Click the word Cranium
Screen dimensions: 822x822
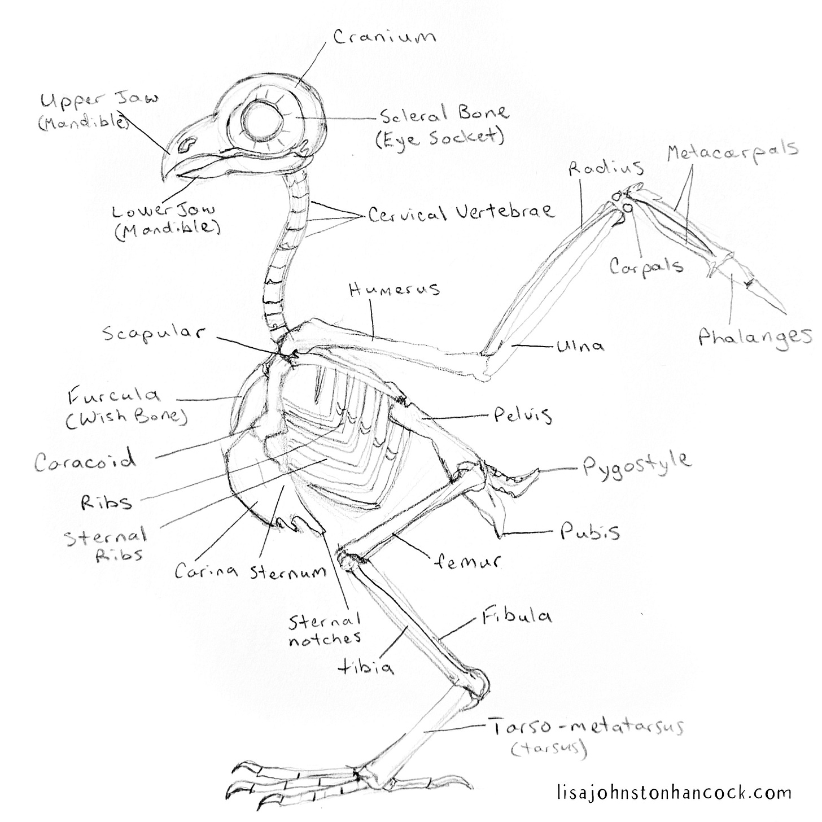(384, 37)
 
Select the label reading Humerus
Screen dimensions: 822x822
(394, 290)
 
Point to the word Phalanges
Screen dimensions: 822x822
(755, 337)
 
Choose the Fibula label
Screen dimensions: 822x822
(516, 616)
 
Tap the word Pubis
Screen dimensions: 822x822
(590, 531)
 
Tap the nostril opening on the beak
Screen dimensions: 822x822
(185, 146)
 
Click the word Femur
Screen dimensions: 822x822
(467, 562)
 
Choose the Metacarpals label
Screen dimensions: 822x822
(732, 151)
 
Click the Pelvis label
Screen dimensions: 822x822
(522, 416)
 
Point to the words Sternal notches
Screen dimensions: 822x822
(325, 629)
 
